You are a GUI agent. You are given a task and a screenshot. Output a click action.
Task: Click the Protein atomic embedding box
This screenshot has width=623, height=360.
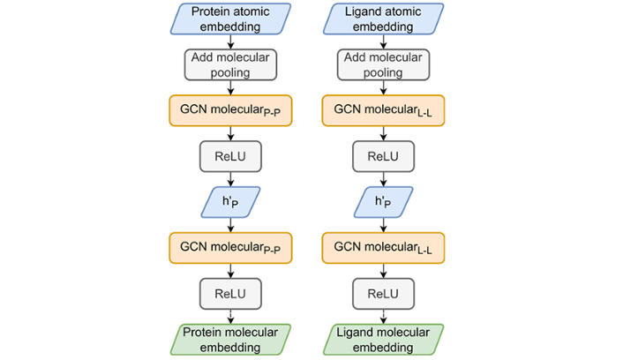click(230, 19)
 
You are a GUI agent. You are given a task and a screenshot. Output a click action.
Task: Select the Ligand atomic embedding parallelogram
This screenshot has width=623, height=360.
click(383, 19)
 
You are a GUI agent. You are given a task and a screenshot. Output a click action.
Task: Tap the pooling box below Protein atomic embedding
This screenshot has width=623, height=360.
click(230, 64)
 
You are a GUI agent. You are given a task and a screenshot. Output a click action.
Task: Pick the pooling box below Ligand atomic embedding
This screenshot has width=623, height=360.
click(383, 64)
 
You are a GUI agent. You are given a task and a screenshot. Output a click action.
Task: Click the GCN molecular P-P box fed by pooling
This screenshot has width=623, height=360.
click(230, 110)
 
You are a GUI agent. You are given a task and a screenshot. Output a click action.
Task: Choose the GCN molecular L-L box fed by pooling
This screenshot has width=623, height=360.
click(383, 110)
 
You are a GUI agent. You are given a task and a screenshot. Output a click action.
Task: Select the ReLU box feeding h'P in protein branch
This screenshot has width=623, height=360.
click(230, 156)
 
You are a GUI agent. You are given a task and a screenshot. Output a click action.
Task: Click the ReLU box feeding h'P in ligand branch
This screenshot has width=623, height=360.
click(383, 156)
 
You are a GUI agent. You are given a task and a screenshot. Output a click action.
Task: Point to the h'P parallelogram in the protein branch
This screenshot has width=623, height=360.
click(230, 202)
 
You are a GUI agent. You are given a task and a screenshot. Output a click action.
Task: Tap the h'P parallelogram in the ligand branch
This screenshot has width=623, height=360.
click(383, 202)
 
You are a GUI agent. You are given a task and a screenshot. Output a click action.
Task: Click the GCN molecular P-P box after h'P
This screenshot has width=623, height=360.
click(230, 248)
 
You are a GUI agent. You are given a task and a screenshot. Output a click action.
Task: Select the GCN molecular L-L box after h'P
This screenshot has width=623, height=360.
click(383, 248)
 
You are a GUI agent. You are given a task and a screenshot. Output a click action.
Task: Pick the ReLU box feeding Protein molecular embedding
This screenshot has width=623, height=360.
click(230, 294)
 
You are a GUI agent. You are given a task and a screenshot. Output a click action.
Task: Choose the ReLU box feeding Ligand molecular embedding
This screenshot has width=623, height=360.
click(383, 294)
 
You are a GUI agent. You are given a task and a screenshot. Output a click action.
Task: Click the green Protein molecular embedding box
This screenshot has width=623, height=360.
click(230, 340)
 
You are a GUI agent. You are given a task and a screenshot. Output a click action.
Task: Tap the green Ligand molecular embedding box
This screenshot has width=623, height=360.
click(383, 340)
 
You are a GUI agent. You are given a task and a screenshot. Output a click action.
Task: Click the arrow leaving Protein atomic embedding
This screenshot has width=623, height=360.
click(230, 41)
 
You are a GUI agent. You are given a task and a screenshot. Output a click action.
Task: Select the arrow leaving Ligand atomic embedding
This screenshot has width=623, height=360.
click(383, 41)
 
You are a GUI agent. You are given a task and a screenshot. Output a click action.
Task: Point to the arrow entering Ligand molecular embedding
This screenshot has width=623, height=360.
click(383, 317)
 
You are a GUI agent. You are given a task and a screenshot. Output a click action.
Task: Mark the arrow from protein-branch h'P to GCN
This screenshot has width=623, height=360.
click(230, 225)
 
